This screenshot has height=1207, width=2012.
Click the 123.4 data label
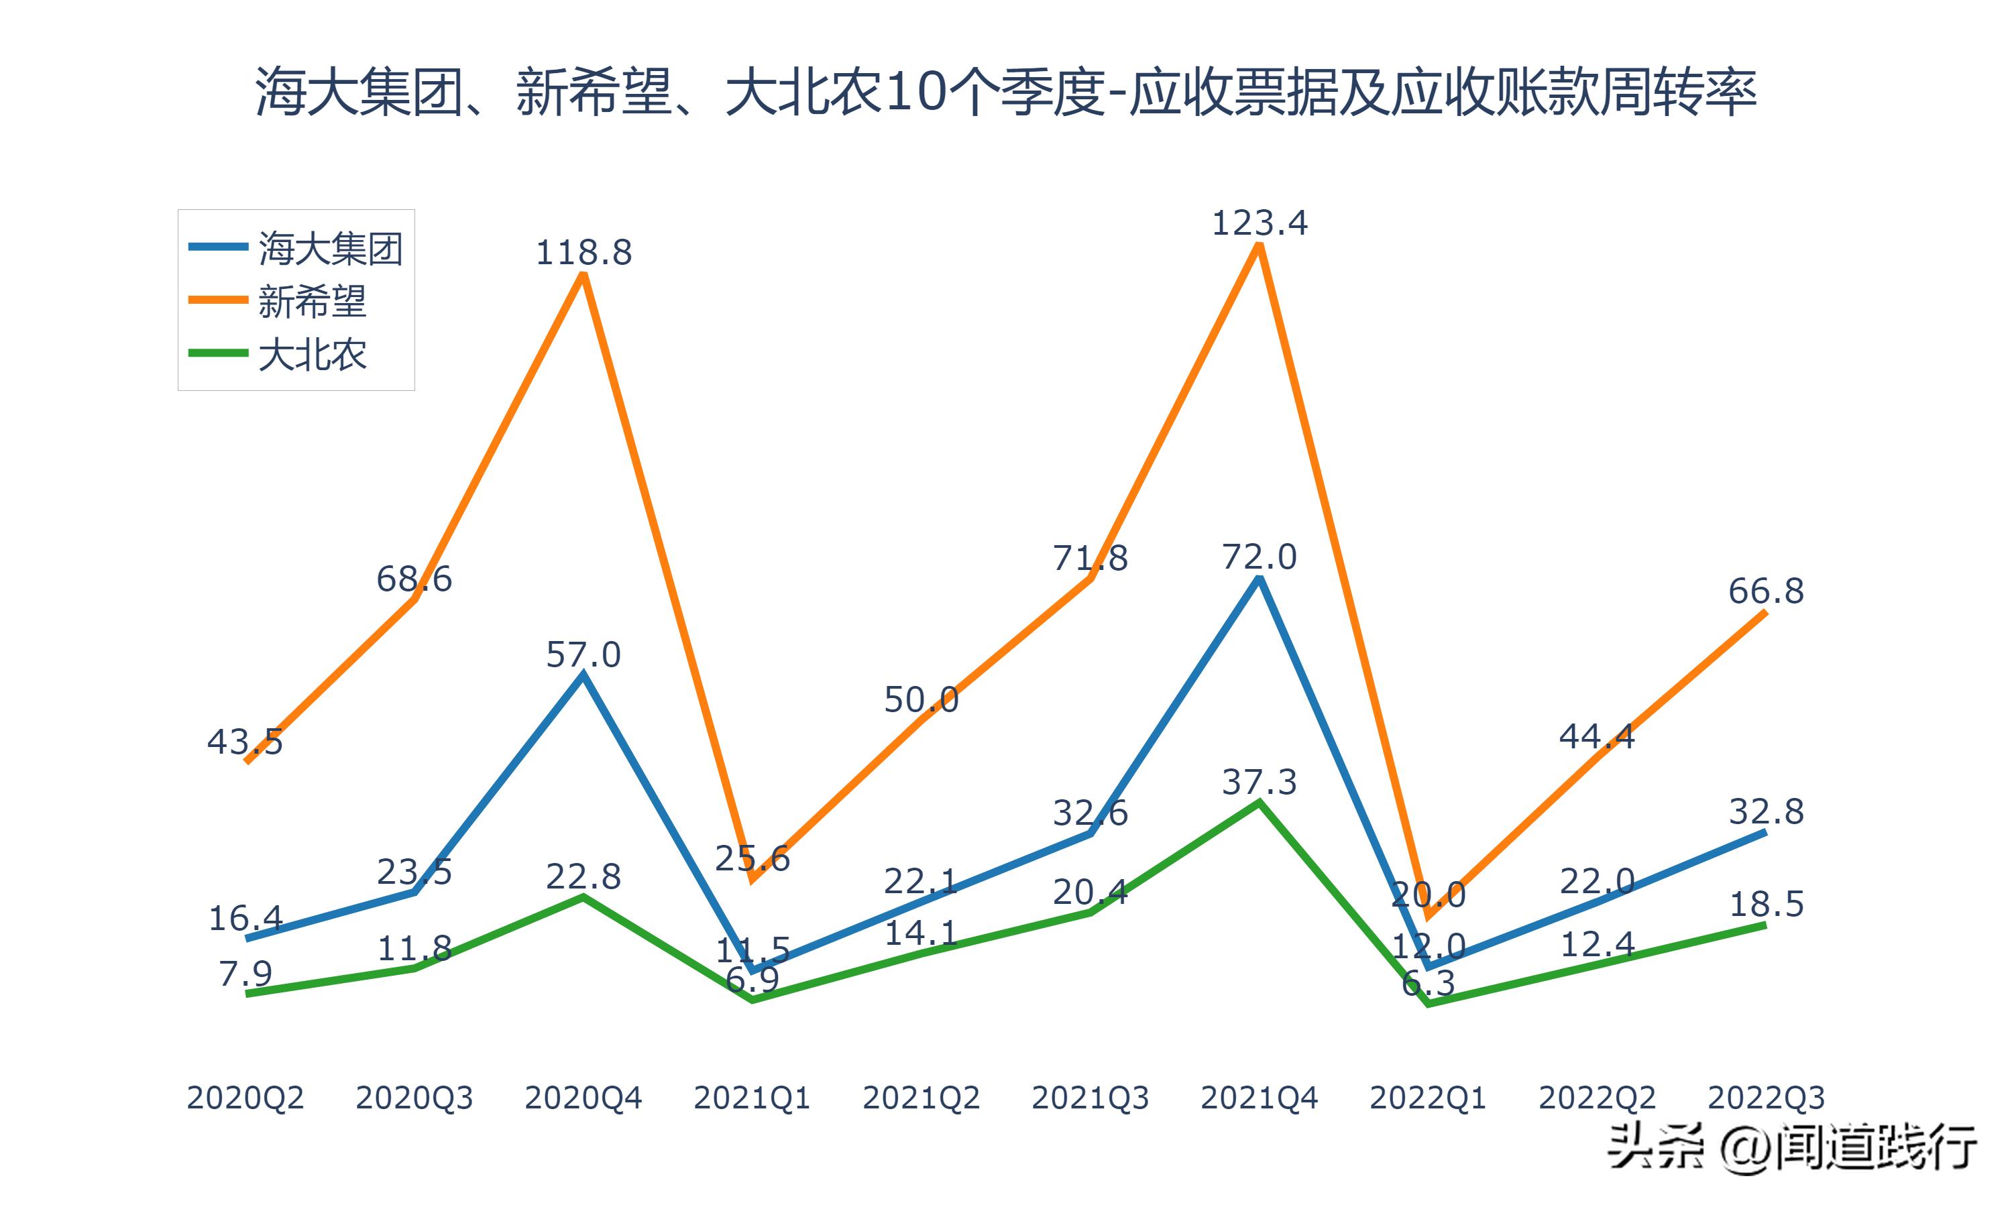click(1259, 223)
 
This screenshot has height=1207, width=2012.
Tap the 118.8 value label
click(583, 253)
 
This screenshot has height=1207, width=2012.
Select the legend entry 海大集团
click(329, 247)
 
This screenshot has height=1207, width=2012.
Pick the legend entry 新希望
click(313, 301)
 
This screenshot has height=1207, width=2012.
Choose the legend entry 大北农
click(313, 355)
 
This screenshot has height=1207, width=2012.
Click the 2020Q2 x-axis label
click(245, 1098)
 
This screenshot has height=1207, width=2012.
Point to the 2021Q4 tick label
click(1259, 1098)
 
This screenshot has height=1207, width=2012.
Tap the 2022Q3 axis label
click(1766, 1098)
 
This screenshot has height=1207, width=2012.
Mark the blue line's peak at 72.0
click(1259, 579)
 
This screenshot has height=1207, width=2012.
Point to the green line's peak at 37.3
click(1259, 803)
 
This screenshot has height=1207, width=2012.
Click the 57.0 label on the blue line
click(583, 654)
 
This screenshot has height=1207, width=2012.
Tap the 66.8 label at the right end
click(1766, 591)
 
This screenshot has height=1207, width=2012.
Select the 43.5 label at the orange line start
click(245, 742)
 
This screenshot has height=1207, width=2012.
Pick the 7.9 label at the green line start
click(245, 974)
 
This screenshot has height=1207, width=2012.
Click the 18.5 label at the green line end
click(1766, 905)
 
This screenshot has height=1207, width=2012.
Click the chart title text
click(1006, 92)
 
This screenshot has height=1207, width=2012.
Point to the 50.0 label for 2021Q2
click(921, 699)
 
